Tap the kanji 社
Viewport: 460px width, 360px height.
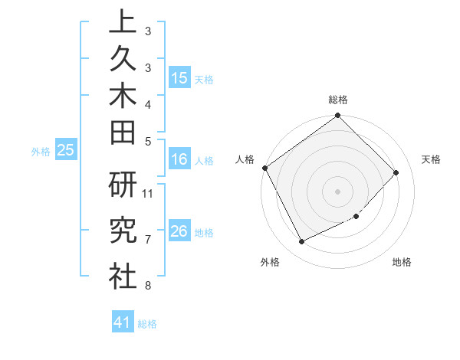(123, 276)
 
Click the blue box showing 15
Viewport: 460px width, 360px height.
(179, 78)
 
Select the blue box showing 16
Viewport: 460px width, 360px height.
(179, 160)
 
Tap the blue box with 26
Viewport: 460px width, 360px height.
(179, 232)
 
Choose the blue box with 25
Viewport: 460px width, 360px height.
(66, 151)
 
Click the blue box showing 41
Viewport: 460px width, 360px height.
(123, 323)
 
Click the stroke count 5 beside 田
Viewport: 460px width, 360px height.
(148, 141)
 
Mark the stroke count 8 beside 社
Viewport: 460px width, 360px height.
(148, 286)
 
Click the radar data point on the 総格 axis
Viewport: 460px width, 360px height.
(337, 116)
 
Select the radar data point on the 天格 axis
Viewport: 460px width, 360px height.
(396, 172)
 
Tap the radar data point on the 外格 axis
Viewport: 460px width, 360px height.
(301, 242)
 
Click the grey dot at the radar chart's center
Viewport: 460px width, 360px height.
(337, 191)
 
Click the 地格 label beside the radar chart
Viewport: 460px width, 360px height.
(402, 262)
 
